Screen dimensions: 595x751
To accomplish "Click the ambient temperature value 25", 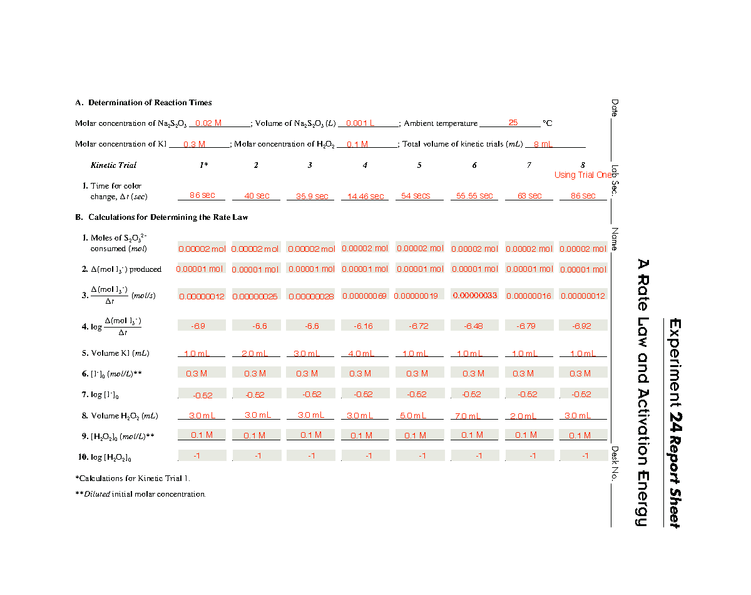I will (513, 123).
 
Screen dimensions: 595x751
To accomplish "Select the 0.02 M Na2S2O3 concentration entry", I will (208, 123).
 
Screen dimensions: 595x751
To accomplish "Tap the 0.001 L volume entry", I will (360, 123).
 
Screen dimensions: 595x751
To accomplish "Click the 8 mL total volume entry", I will (542, 145).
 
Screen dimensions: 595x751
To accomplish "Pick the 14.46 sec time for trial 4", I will (365, 197).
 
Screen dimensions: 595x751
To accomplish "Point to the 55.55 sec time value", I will (474, 196).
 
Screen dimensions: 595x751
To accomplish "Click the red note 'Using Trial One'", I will (583, 175).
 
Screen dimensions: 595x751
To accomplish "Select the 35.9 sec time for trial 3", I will (312, 197).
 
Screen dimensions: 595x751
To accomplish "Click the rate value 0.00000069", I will (365, 296).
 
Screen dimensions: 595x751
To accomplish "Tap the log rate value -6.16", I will (364, 326).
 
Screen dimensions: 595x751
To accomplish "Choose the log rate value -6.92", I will (582, 326).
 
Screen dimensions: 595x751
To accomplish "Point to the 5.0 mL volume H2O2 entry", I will (414, 416).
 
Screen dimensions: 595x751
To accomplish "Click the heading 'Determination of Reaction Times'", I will (150, 103).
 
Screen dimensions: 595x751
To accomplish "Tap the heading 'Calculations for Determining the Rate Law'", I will (168, 217).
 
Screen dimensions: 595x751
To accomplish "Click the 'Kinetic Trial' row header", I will (113, 165).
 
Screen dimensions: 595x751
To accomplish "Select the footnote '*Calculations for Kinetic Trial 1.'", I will (133, 479).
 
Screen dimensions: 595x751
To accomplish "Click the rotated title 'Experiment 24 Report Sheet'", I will (674, 423).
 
